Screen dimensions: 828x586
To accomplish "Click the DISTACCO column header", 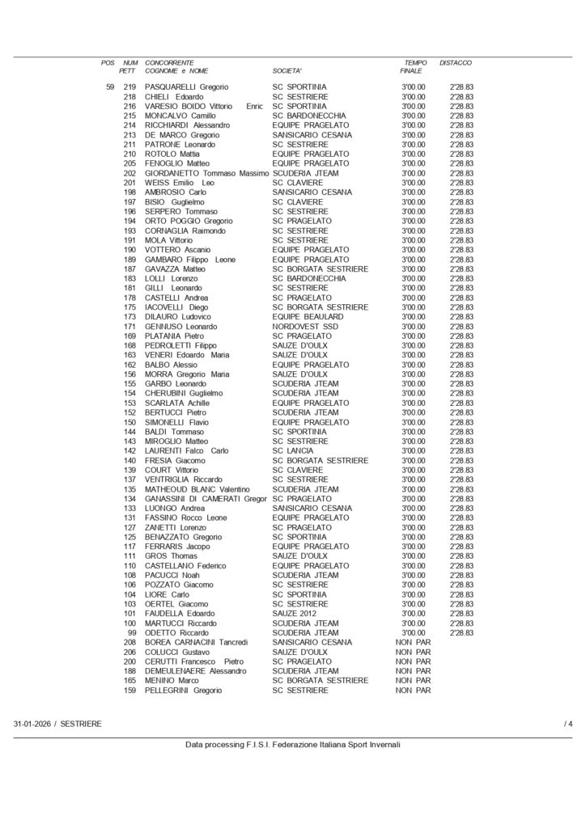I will point(456,62).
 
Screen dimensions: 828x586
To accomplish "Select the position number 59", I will point(110,87).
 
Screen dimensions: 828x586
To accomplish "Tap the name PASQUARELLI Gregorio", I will point(186,87).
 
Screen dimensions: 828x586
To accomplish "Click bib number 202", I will point(130,173).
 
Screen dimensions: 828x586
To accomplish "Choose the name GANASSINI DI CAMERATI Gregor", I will point(206,498).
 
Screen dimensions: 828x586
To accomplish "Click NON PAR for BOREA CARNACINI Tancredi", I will point(413,642).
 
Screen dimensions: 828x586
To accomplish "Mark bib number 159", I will point(130,690).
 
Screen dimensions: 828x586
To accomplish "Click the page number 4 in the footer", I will point(570,723).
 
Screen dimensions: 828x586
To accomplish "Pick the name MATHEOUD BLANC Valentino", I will point(197,488).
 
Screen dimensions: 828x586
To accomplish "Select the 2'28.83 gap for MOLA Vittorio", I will point(461,240).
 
